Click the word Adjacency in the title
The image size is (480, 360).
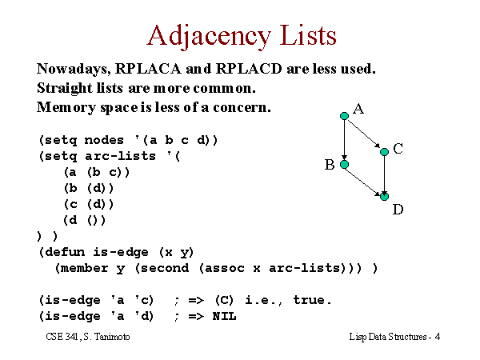coord(209,37)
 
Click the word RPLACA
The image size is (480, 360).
coord(148,69)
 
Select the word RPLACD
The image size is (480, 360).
coord(249,69)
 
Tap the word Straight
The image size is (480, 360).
coord(64,89)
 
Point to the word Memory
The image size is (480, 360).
coord(66,108)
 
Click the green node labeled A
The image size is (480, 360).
coord(344,116)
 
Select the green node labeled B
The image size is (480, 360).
coord(344,164)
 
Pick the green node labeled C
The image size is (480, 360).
coord(385,151)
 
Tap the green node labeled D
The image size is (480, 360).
coord(385,196)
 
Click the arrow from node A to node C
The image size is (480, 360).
coord(364,134)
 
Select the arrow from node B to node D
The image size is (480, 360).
coord(363,182)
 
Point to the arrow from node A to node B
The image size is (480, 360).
coord(344,140)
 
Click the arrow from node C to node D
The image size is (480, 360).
coord(385,174)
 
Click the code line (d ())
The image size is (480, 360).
coord(85,220)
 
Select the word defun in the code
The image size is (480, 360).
coord(65,252)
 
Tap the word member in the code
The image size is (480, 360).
coord(84,268)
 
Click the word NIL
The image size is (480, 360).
coord(224,316)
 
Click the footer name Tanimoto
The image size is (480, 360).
coord(112,337)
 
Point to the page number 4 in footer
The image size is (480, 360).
coord(438,337)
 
